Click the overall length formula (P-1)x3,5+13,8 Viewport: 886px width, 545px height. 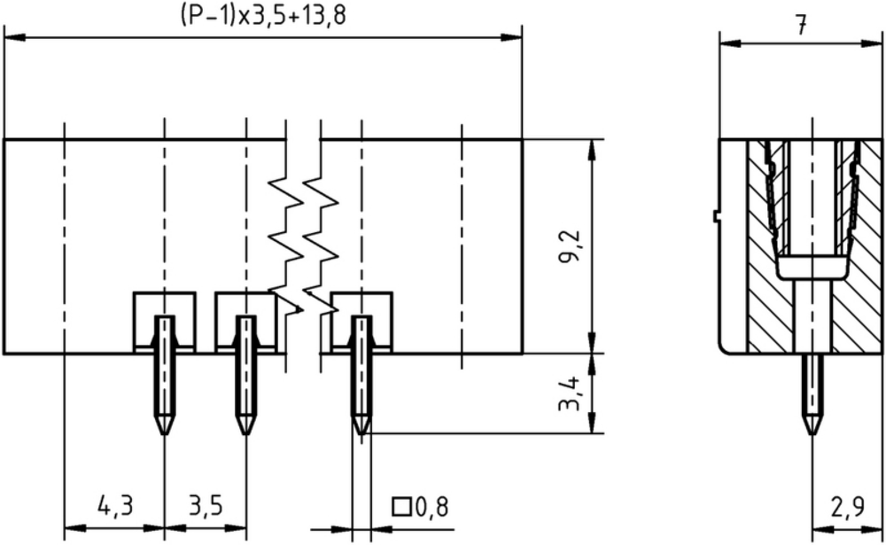pyautogui.click(x=263, y=16)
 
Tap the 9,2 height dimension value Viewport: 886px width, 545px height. pyautogui.click(x=569, y=246)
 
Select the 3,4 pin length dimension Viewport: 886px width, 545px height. pyautogui.click(x=569, y=393)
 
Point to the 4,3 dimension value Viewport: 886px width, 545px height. pyautogui.click(x=115, y=505)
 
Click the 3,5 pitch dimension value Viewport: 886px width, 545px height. pyautogui.click(x=206, y=505)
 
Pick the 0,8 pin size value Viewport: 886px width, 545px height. pyautogui.click(x=432, y=507)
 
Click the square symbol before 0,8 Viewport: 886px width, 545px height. pyautogui.click(x=401, y=507)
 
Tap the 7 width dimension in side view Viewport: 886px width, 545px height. pyautogui.click(x=801, y=25)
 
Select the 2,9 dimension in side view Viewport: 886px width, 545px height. pyautogui.click(x=848, y=507)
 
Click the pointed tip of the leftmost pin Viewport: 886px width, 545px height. pyautogui.click(x=165, y=433)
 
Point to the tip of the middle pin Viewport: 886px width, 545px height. pyautogui.click(x=245, y=433)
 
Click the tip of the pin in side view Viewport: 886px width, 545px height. pyautogui.click(x=812, y=433)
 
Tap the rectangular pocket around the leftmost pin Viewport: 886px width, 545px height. pyautogui.click(x=165, y=292)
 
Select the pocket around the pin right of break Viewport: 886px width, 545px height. pyautogui.click(x=361, y=292)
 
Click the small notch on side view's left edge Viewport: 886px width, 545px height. pyautogui.click(x=715, y=216)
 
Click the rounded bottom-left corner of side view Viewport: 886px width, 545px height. pyautogui.click(x=723, y=349)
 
